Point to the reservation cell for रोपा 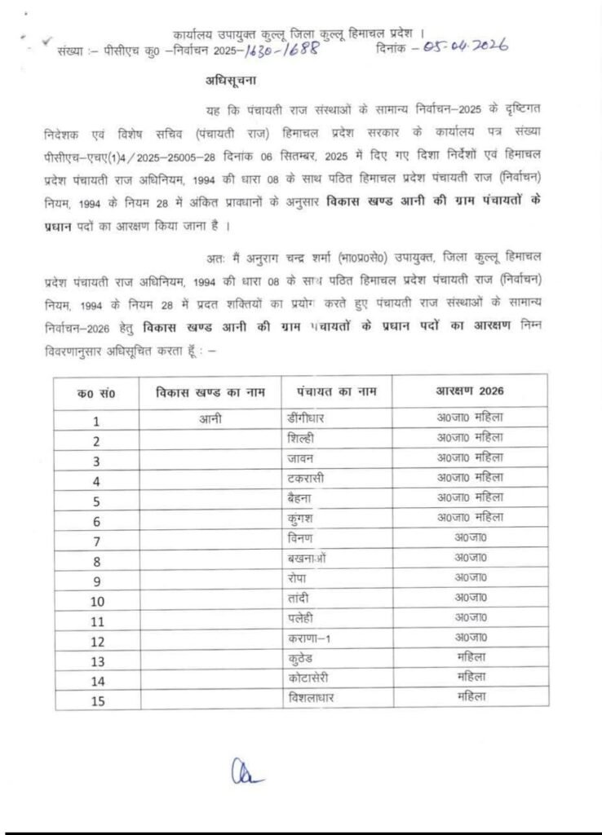coord(470,577)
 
